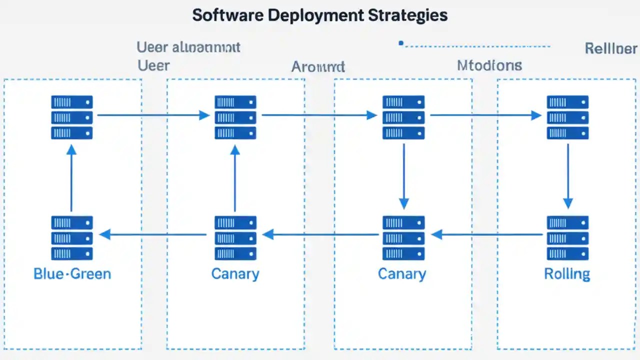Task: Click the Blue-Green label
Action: [72, 273]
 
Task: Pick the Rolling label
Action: [567, 273]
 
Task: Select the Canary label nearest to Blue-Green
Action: [235, 273]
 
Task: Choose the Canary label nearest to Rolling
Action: [402, 273]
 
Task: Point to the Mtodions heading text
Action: [489, 65]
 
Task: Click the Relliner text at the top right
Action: [610, 48]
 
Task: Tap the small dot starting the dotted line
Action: [400, 43]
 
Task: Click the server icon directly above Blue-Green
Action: [72, 237]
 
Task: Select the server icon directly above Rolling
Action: [567, 237]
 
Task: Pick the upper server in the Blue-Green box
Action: [72, 117]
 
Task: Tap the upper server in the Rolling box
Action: [567, 117]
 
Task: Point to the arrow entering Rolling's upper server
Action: [485, 115]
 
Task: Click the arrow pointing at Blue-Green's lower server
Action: [153, 234]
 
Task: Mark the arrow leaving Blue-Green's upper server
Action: [153, 115]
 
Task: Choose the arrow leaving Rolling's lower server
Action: [487, 234]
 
